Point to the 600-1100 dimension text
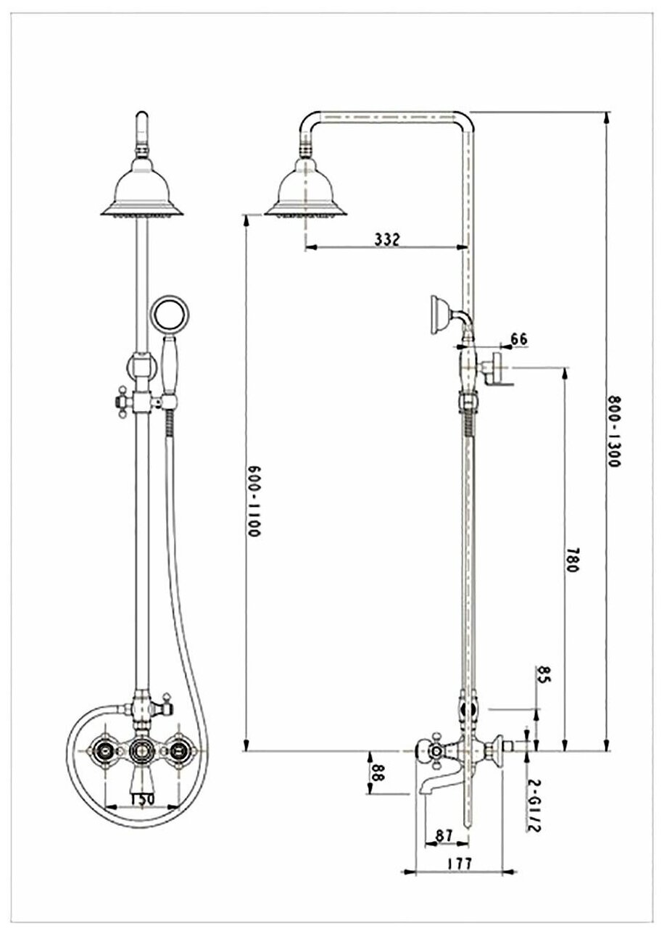pyautogui.click(x=253, y=500)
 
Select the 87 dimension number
pyautogui.click(x=444, y=836)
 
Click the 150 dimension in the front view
pyautogui.click(x=141, y=800)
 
